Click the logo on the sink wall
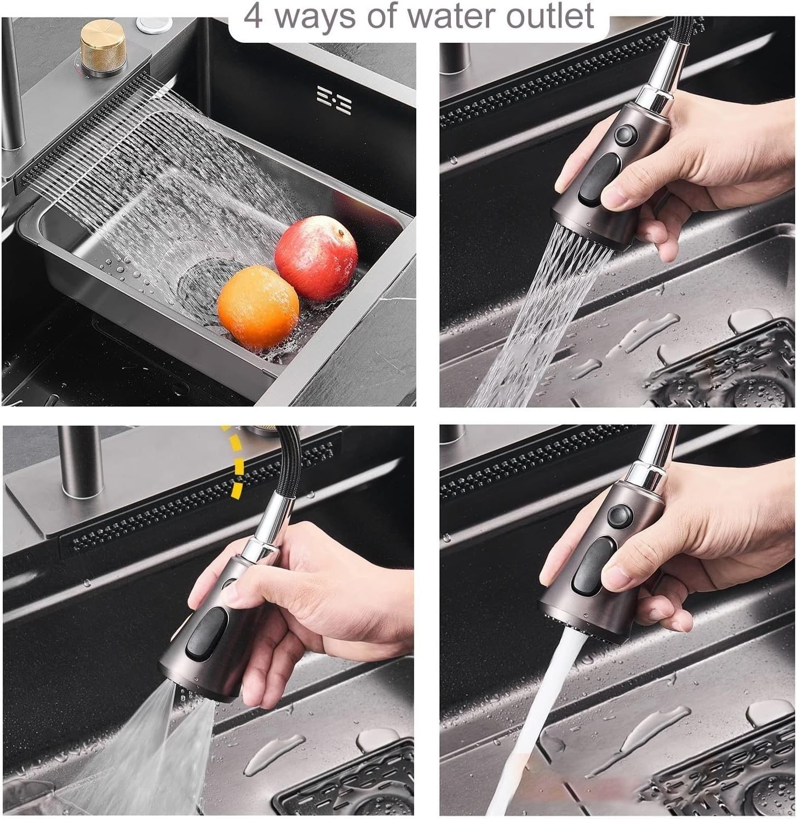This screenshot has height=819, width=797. tap(334, 100)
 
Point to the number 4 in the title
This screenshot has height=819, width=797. tap(253, 16)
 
